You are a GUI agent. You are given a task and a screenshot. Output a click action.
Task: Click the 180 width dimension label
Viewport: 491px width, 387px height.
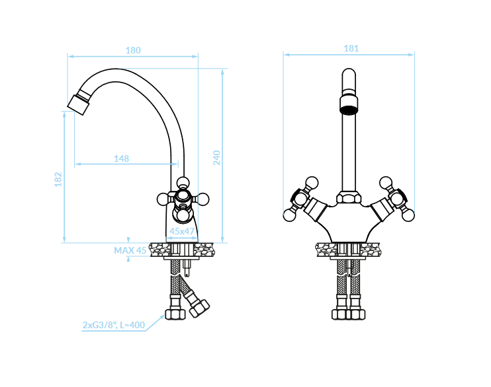click(x=133, y=50)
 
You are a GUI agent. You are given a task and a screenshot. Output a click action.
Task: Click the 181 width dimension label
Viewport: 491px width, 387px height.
click(x=351, y=48)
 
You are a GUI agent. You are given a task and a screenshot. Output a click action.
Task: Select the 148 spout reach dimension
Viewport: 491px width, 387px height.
click(x=122, y=158)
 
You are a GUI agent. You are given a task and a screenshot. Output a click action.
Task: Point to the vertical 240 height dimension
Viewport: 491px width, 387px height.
click(x=216, y=158)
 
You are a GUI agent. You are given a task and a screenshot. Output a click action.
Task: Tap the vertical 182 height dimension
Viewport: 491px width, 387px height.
click(x=58, y=180)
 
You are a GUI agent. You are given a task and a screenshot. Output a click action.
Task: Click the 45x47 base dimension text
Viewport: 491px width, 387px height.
click(x=182, y=231)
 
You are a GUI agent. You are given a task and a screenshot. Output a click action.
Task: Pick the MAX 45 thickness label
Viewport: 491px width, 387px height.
click(x=130, y=250)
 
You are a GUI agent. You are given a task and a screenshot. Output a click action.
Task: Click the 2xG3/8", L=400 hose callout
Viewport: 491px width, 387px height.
click(x=114, y=325)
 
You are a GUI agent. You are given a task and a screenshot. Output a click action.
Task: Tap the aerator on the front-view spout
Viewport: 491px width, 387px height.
click(x=349, y=105)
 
